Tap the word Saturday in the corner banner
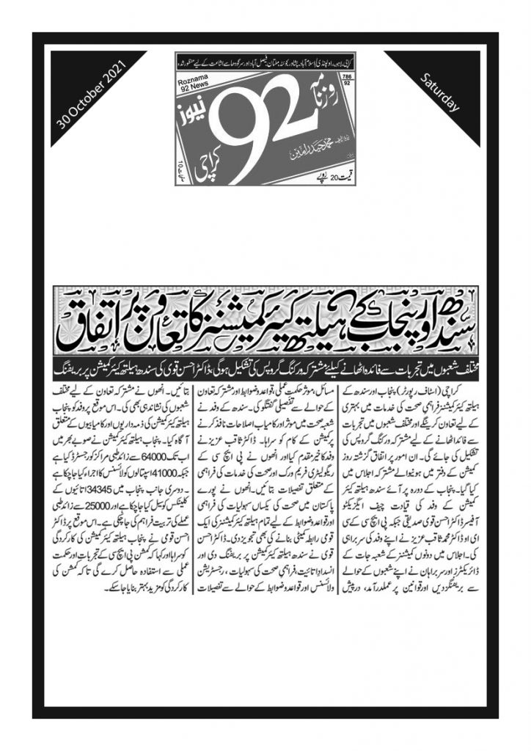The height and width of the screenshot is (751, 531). [x=439, y=94]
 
